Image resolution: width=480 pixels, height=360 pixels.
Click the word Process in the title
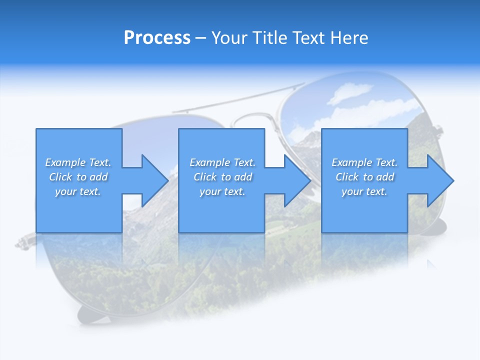(157, 38)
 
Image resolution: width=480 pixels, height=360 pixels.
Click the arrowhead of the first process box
(154, 180)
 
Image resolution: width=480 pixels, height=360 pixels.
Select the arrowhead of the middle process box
(297, 180)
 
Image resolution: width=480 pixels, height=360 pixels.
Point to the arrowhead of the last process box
(439, 180)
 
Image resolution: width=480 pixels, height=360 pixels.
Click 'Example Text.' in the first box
(78, 162)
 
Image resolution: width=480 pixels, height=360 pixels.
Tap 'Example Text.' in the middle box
(222, 162)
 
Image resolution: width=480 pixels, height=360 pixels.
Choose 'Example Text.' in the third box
(364, 162)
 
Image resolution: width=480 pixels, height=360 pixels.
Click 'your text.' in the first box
(78, 191)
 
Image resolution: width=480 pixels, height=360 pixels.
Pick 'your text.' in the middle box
(222, 191)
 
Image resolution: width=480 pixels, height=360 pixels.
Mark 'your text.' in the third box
(364, 191)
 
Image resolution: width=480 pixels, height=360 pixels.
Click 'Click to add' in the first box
(78, 177)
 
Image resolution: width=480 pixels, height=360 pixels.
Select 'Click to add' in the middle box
(222, 177)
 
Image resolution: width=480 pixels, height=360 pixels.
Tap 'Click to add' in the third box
(364, 177)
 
